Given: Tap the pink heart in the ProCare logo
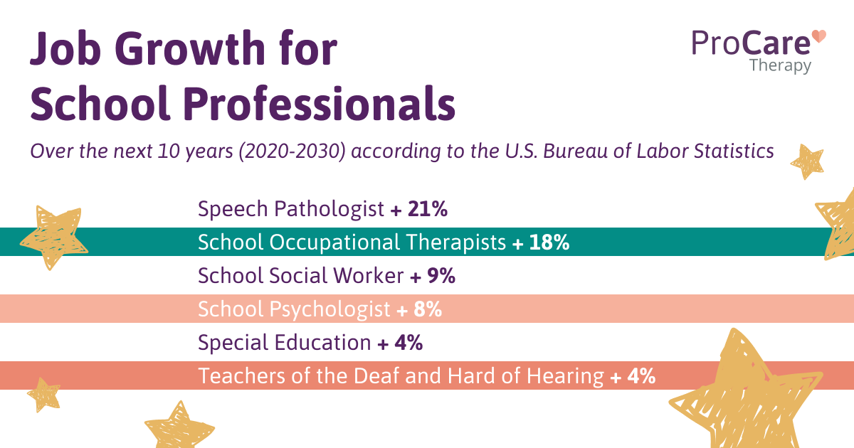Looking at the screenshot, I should pos(819,37).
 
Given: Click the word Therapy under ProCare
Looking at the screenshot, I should pos(779,65).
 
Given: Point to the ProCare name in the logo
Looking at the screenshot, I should pos(751,43).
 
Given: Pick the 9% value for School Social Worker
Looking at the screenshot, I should pos(439,276).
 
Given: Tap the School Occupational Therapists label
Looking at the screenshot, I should pos(352,242).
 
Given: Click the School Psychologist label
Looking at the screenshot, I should pos(294,309).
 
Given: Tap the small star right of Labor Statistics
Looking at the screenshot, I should pos(807,161).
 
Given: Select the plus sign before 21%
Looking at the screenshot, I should pos(396,210).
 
